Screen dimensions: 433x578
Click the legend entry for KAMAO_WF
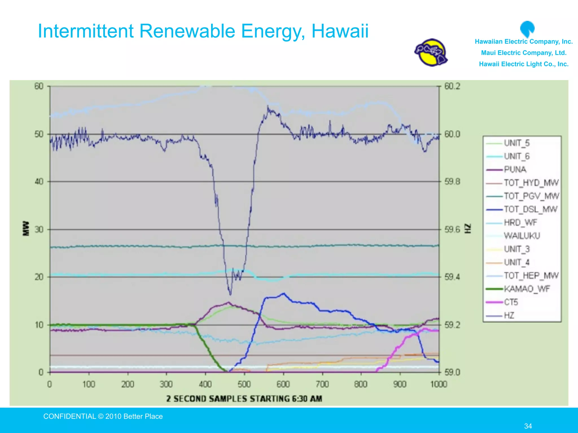point(526,289)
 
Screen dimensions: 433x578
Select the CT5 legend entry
point(511,302)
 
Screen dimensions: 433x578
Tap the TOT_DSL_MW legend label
point(530,209)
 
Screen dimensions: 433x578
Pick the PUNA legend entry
point(515,169)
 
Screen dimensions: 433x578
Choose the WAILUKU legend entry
point(522,236)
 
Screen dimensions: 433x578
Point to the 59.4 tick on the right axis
point(452,277)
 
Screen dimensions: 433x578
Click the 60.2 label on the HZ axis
point(452,86)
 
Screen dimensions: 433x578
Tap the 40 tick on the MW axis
point(39,182)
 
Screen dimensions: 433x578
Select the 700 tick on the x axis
point(322,384)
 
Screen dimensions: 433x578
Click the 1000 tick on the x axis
point(439,384)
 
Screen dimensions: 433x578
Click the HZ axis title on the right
point(468,229)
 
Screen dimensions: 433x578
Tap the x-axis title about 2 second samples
point(244,399)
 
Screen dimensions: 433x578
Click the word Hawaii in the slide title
point(340,31)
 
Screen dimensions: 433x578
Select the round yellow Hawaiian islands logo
point(431,53)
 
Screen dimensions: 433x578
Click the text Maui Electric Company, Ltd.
point(524,53)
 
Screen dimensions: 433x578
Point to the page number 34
point(528,426)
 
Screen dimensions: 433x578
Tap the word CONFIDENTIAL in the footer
point(69,416)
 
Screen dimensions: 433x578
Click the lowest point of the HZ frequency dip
point(230,295)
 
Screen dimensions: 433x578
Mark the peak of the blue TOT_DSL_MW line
point(284,293)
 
